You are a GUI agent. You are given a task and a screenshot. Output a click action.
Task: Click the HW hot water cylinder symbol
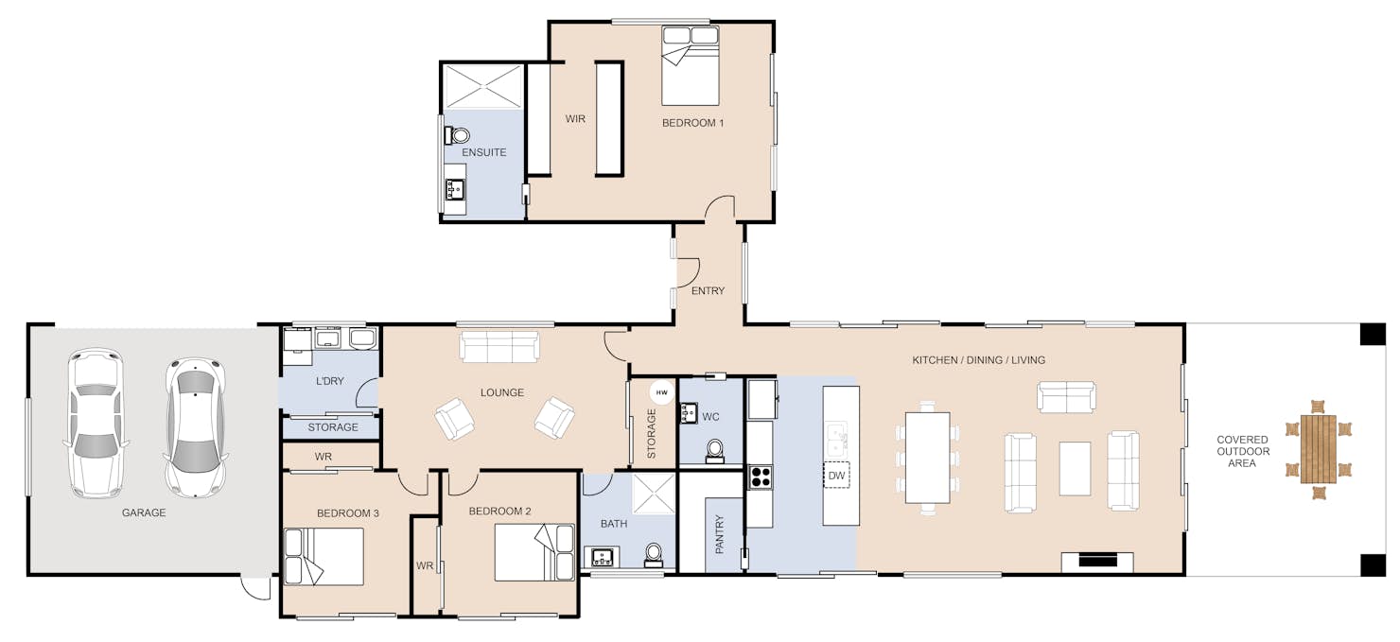pyautogui.click(x=662, y=392)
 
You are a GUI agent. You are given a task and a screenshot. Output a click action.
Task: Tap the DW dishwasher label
pyautogui.click(x=836, y=476)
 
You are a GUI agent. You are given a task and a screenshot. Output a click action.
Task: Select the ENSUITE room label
pyautogui.click(x=483, y=152)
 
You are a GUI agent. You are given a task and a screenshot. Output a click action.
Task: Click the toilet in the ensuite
pyautogui.click(x=458, y=135)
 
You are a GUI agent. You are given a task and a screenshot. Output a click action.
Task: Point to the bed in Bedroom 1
pyautogui.click(x=690, y=65)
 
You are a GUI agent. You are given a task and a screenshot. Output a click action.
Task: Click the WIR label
pyautogui.click(x=575, y=118)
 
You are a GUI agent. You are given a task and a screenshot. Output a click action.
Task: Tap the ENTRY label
pyautogui.click(x=708, y=291)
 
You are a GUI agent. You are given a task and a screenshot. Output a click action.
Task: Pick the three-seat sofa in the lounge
pyautogui.click(x=499, y=347)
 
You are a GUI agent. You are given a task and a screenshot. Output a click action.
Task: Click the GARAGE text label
pyautogui.click(x=144, y=512)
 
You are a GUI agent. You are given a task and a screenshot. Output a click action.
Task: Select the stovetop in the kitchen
pyautogui.click(x=760, y=477)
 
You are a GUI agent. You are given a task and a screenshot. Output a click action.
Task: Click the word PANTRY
pyautogui.click(x=719, y=534)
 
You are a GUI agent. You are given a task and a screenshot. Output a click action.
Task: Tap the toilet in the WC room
pyautogui.click(x=714, y=451)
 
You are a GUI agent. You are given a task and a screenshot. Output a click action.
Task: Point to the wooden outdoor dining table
pyautogui.click(x=1318, y=449)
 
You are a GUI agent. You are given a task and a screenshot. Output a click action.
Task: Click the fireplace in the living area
pyautogui.click(x=1097, y=562)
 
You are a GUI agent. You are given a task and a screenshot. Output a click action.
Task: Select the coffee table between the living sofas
pyautogui.click(x=1075, y=468)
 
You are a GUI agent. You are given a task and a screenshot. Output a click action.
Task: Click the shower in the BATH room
pyautogui.click(x=654, y=494)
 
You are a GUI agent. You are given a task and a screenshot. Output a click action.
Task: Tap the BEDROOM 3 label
pyautogui.click(x=347, y=513)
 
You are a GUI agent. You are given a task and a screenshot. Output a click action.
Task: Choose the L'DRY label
pyautogui.click(x=329, y=381)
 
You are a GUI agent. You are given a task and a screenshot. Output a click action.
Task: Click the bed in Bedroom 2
pyautogui.click(x=534, y=552)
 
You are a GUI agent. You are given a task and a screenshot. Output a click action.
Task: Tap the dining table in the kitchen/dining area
pyautogui.click(x=927, y=458)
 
